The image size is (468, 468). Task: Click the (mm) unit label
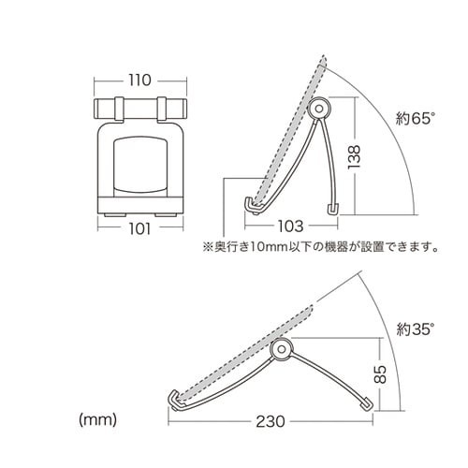click(97, 418)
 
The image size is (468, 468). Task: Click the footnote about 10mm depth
click(316, 248)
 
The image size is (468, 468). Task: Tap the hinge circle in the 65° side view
click(321, 109)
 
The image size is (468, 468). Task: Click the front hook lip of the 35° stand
click(173, 400)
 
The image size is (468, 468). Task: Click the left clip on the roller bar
click(120, 107)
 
